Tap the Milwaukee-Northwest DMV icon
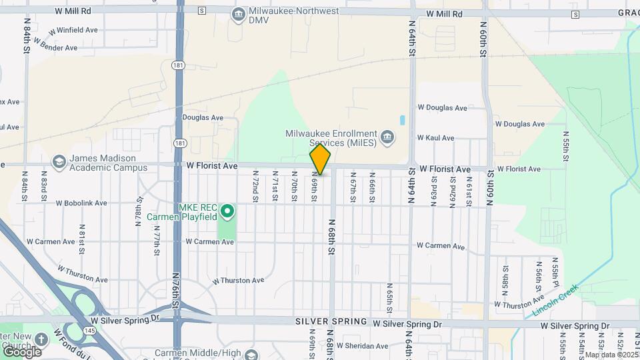pyautogui.click(x=238, y=14)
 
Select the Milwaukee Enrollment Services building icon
pyautogui.click(x=388, y=139)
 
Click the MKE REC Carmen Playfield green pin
pyautogui.click(x=227, y=212)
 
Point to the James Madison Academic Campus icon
pyautogui.click(x=59, y=163)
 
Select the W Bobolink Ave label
pyautogui.click(x=81, y=203)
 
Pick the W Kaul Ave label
pyautogui.click(x=435, y=138)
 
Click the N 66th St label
pyautogui.click(x=372, y=189)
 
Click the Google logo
pyautogui.click(x=22, y=351)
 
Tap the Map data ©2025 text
pyautogui.click(x=611, y=355)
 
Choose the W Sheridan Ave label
pyautogui.click(x=362, y=346)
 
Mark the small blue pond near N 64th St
pyautogui.click(x=402, y=121)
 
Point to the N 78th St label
pyautogui.click(x=140, y=213)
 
